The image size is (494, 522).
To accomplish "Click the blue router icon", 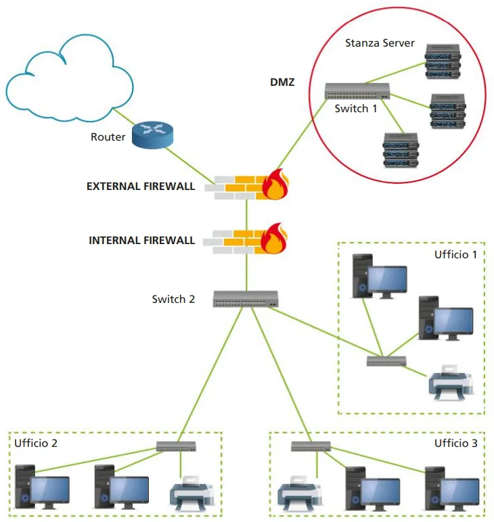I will pyautogui.click(x=153, y=134).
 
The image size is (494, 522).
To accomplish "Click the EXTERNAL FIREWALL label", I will pyautogui.click(x=141, y=186).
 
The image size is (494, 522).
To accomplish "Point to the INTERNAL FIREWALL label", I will pyautogui.click(x=142, y=240).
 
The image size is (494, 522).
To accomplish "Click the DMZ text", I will pyautogui.click(x=282, y=84).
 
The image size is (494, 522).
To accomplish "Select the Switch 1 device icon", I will pyautogui.click(x=357, y=91).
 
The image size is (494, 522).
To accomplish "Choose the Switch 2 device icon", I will pyautogui.click(x=246, y=298).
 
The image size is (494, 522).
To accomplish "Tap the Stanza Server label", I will pyautogui.click(x=380, y=44).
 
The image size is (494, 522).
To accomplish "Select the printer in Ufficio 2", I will pyautogui.click(x=193, y=494).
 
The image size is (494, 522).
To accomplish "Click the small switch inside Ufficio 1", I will pyautogui.click(x=386, y=360).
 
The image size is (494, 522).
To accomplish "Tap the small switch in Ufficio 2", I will pyautogui.click(x=176, y=446).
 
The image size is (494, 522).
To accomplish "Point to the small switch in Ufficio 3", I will pyautogui.click(x=311, y=446).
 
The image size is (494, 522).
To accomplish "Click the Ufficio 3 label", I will pyautogui.click(x=455, y=444).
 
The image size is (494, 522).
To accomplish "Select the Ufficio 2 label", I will pyautogui.click(x=36, y=444).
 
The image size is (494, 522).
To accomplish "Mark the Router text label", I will pyautogui.click(x=108, y=137).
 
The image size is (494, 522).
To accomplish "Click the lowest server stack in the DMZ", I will pyautogui.click(x=399, y=150).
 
